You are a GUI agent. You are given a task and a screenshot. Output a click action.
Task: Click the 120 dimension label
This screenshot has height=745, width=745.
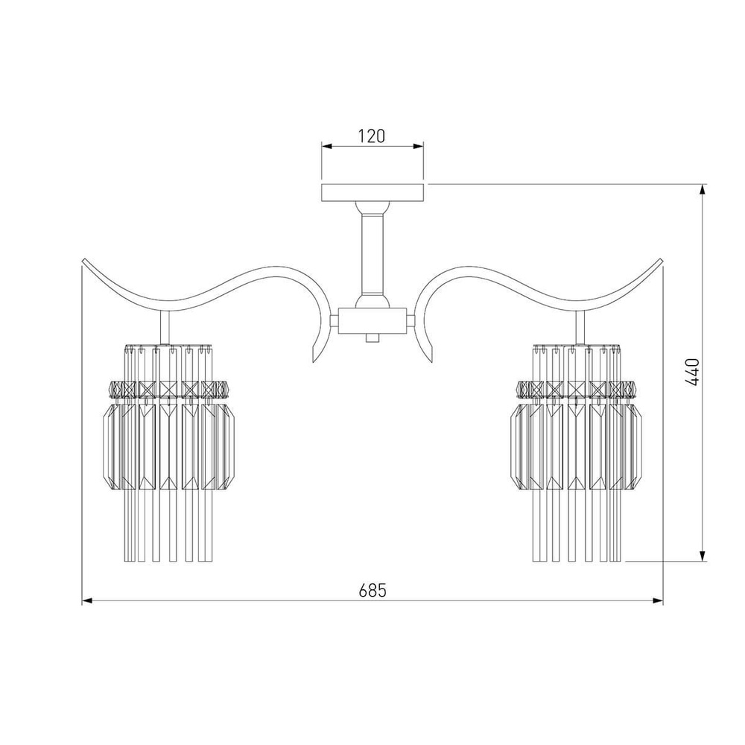[372, 136]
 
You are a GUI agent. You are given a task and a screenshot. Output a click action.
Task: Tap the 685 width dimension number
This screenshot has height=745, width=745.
[372, 590]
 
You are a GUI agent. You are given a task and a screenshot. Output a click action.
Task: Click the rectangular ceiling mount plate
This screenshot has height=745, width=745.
[372, 192]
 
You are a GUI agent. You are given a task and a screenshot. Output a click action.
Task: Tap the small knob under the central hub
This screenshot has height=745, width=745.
[372, 337]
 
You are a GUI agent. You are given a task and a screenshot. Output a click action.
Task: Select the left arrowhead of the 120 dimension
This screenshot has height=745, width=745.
[327, 147]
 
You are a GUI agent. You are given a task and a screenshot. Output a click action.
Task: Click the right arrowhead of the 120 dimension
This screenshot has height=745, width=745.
[418, 147]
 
